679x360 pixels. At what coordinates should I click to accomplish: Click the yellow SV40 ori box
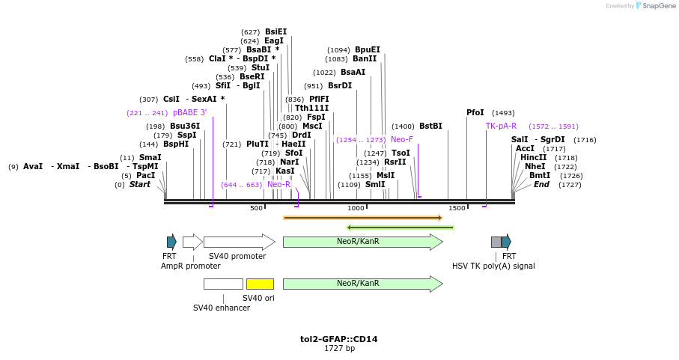coord(260,284)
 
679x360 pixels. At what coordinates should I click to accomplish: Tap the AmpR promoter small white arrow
coord(192,242)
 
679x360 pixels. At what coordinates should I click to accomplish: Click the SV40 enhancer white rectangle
coord(223,284)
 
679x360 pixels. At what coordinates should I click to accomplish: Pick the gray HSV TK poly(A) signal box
coord(496,242)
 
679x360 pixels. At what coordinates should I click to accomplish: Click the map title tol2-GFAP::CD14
coord(338,339)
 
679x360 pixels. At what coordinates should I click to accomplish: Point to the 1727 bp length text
coord(338,349)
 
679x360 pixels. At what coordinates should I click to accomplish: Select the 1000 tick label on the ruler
coord(356,208)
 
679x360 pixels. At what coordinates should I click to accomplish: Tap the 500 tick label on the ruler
coord(256,208)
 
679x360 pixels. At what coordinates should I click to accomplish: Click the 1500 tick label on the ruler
coord(457,208)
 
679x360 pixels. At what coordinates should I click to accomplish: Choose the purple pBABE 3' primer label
coord(189,112)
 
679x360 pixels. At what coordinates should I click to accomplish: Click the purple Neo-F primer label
coord(402,139)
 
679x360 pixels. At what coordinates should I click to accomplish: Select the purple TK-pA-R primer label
coord(501,126)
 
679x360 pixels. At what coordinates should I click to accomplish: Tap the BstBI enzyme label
coord(430,126)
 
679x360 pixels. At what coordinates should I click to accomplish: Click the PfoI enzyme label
coord(475,112)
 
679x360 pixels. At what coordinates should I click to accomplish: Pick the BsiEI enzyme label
coord(275,31)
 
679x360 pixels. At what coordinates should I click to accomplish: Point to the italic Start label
coord(139,184)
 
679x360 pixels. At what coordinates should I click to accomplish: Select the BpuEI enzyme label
coord(367,49)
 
